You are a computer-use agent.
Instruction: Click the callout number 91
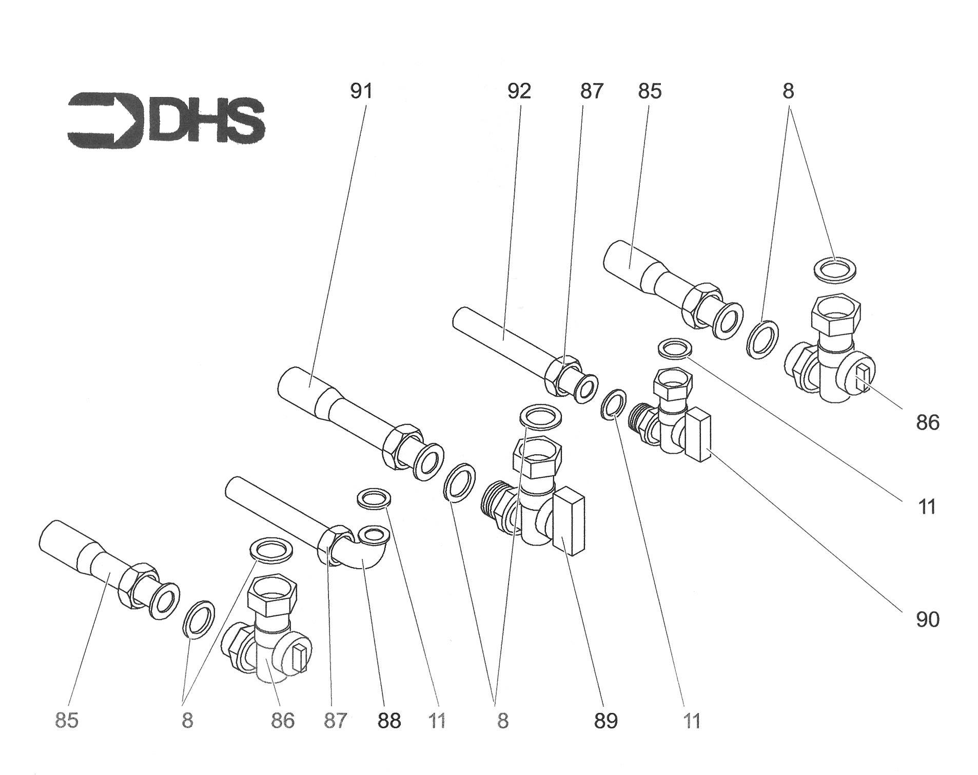361,91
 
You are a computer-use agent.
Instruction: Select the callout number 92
519,91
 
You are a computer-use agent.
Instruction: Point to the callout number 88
389,721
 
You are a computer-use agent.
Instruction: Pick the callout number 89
606,721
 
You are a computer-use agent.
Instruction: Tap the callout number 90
928,620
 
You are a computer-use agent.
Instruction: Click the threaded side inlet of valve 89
497,505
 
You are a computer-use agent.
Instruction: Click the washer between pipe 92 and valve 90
613,404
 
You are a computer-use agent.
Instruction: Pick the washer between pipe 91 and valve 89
460,481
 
